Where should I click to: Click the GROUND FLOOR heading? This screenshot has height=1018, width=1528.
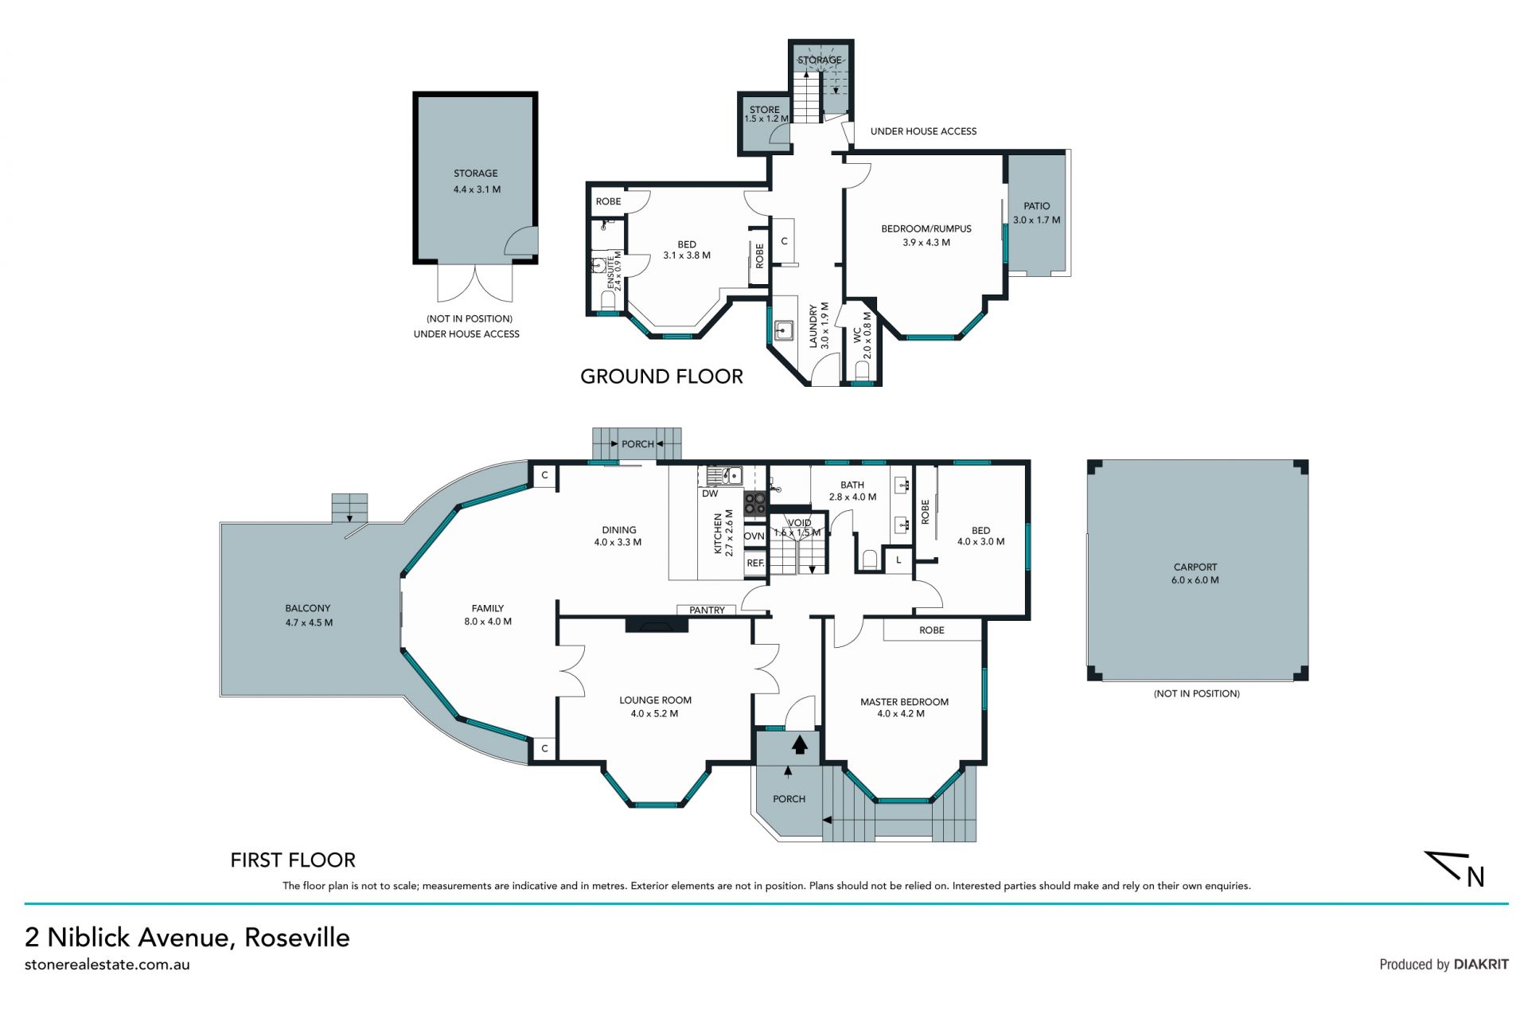(661, 376)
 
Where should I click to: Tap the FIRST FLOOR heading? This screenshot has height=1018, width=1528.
(293, 860)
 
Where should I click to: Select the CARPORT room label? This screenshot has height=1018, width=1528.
(1195, 568)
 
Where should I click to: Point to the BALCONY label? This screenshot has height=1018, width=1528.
(308, 608)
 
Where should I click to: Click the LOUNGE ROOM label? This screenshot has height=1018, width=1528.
(656, 700)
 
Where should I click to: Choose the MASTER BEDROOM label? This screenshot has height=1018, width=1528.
(904, 702)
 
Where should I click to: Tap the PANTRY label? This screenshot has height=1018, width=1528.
(707, 610)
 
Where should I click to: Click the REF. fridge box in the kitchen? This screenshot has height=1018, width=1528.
(755, 564)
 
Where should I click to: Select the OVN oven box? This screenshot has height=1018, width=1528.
(754, 536)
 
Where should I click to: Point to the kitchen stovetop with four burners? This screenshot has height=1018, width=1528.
(755, 504)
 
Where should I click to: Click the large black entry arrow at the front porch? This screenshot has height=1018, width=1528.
(800, 743)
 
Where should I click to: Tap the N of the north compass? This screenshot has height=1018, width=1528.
(1475, 876)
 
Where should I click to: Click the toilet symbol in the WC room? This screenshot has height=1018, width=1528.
(862, 370)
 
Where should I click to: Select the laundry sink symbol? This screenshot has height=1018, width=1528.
(784, 330)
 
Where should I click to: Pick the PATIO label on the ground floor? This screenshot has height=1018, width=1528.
(1037, 206)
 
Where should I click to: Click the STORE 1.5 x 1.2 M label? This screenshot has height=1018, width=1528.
(766, 114)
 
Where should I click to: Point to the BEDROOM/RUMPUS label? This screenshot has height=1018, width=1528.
(926, 229)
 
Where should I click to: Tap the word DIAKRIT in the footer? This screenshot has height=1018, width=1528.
(1481, 964)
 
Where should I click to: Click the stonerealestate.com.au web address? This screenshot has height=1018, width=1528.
(107, 965)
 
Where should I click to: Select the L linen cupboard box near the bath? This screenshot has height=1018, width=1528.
(898, 560)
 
